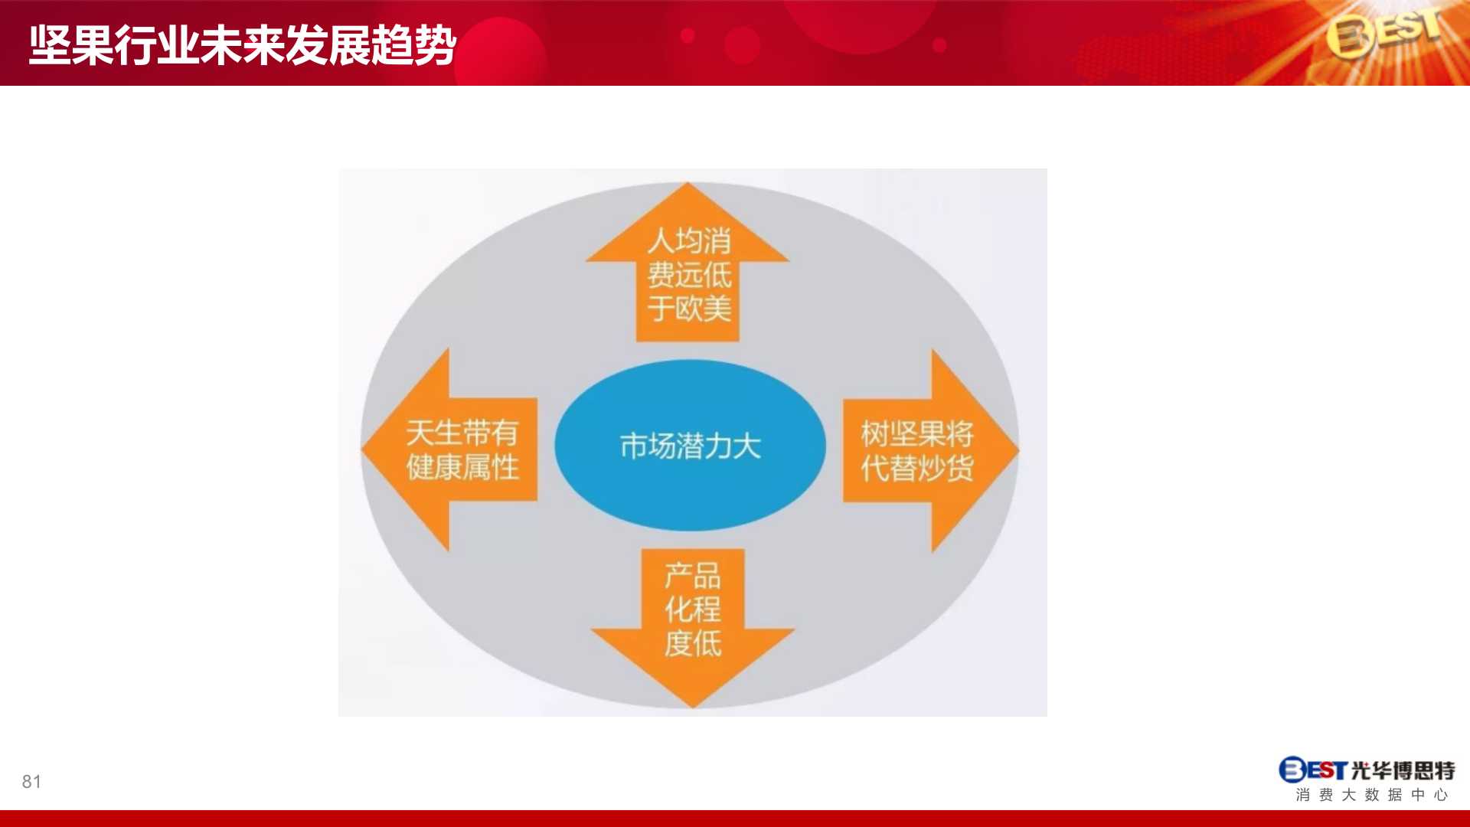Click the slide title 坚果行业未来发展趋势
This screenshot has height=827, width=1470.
pos(243,45)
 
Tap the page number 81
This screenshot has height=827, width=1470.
pos(31,782)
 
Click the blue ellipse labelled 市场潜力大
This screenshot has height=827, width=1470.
pos(690,446)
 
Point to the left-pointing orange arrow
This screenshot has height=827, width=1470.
pos(449,449)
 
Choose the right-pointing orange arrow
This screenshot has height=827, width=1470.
pos(931,451)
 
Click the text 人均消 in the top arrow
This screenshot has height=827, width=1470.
pos(689,240)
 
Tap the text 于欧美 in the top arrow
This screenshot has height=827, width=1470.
pos(689,309)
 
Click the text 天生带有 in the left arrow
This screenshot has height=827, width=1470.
pos(462,433)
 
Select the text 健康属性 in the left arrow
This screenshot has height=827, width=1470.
pos(462,467)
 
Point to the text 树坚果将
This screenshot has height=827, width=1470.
pos(917,433)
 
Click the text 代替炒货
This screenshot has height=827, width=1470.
pos(917,468)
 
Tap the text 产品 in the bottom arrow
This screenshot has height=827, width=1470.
pos(693,575)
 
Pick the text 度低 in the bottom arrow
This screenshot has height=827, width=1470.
pos(693,643)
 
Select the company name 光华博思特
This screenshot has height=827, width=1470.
pos(1403,770)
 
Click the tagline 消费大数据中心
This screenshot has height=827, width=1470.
pos(1372,795)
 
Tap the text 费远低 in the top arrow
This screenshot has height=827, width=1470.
pos(689,274)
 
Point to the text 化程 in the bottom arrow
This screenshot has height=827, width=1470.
pos(693,610)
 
